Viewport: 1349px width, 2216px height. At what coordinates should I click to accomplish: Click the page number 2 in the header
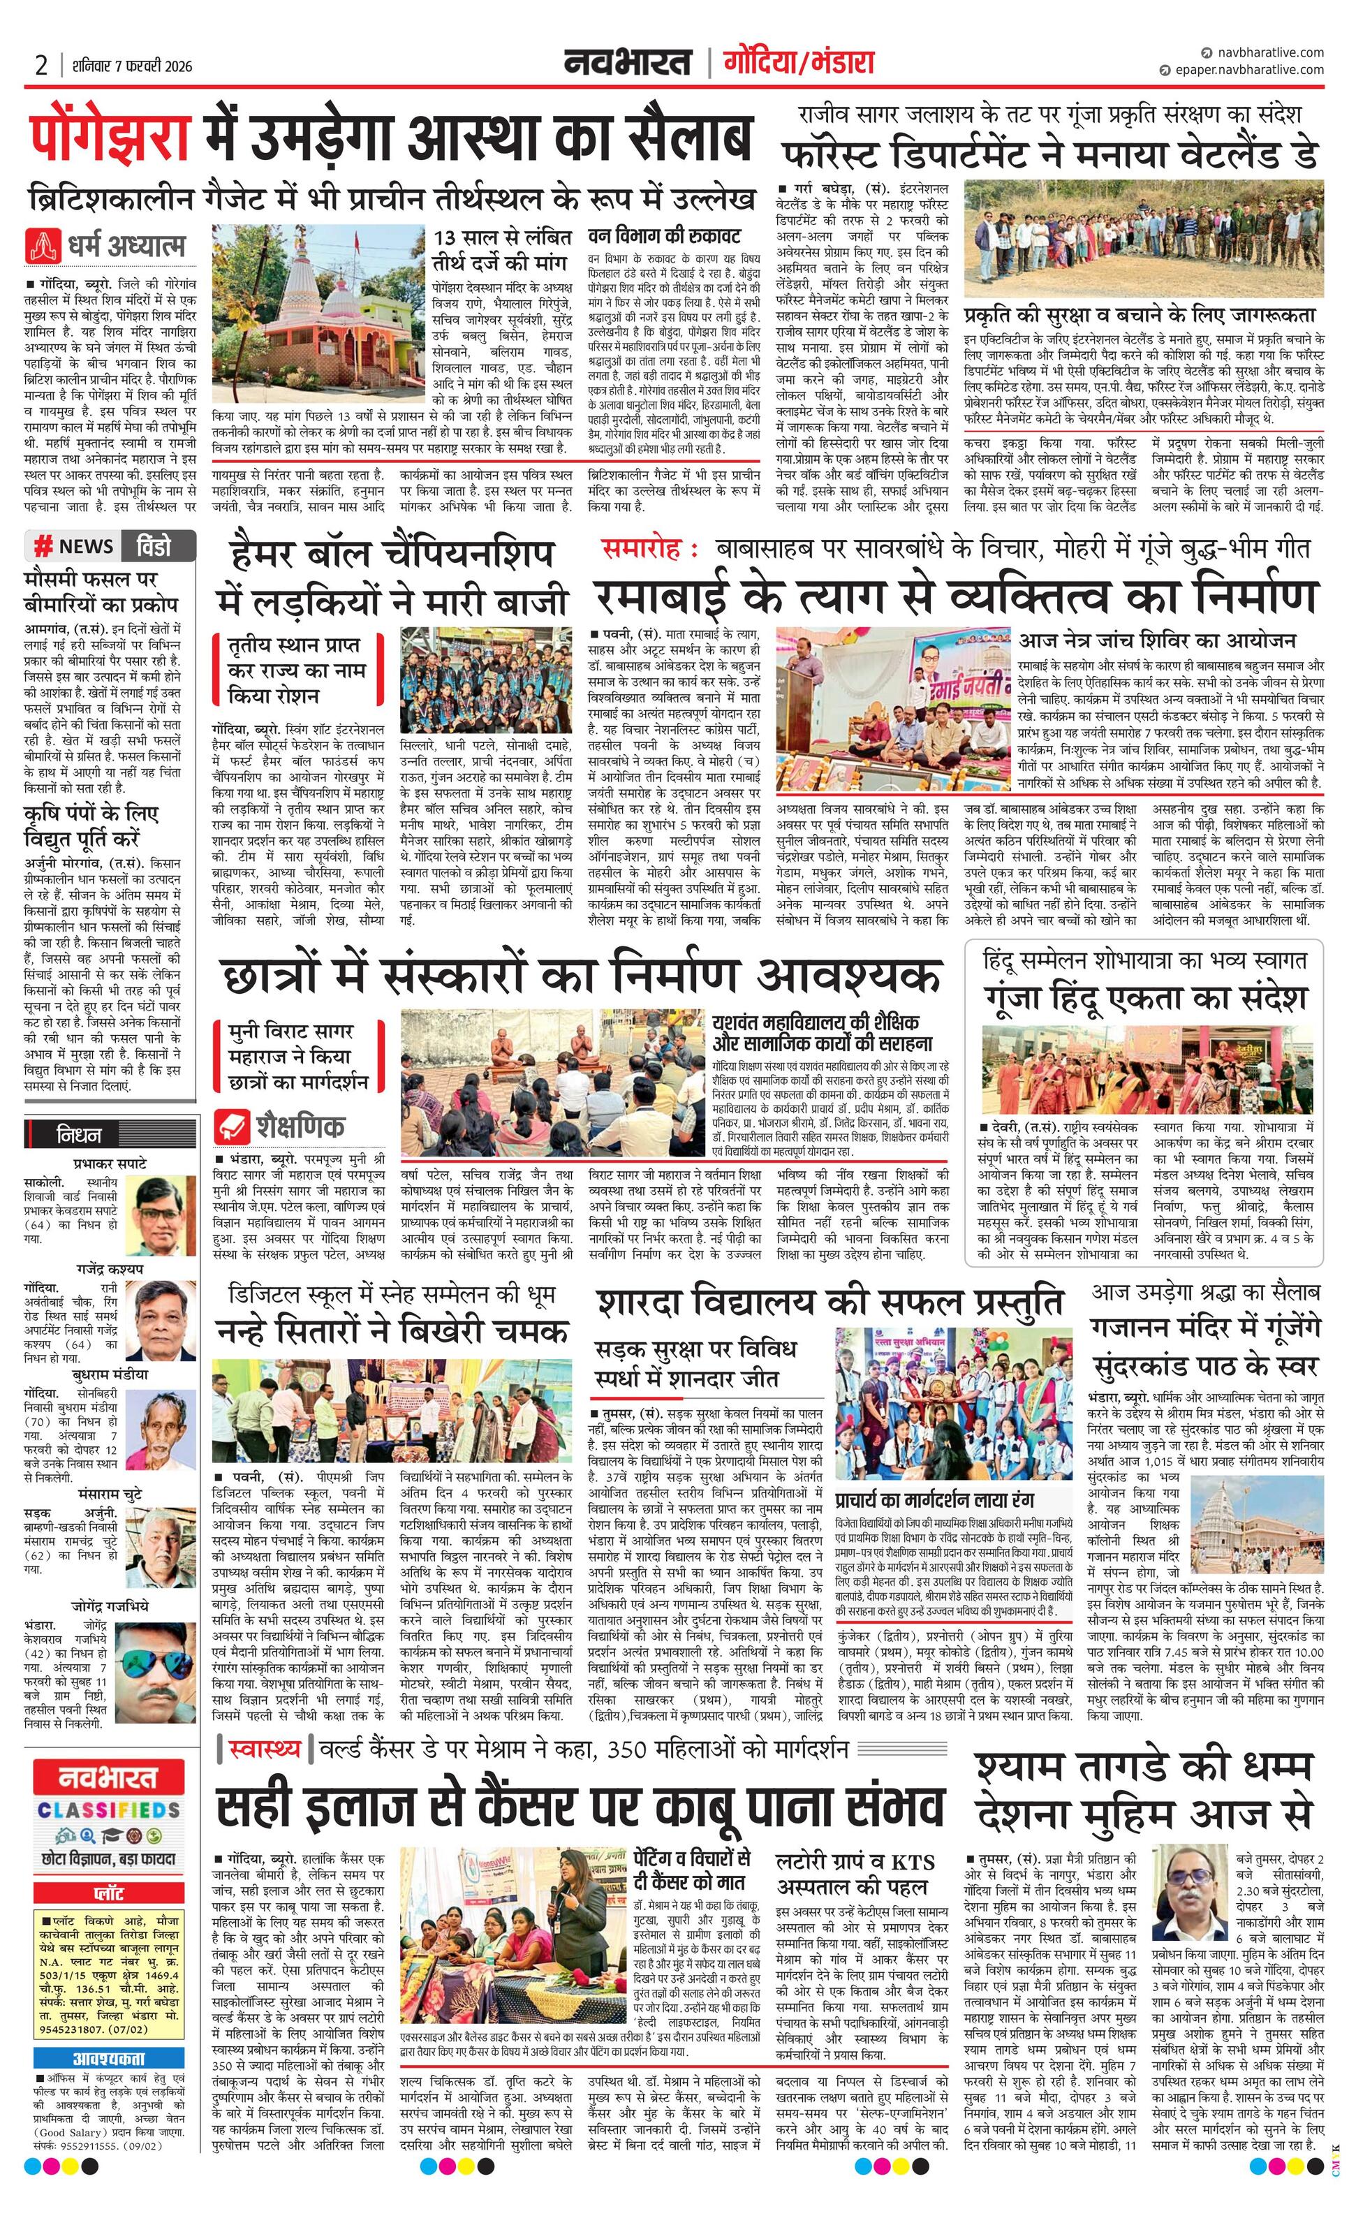40,65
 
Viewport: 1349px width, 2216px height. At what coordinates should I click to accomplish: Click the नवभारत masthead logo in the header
628,62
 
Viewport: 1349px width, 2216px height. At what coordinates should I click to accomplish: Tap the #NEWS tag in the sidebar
74,546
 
